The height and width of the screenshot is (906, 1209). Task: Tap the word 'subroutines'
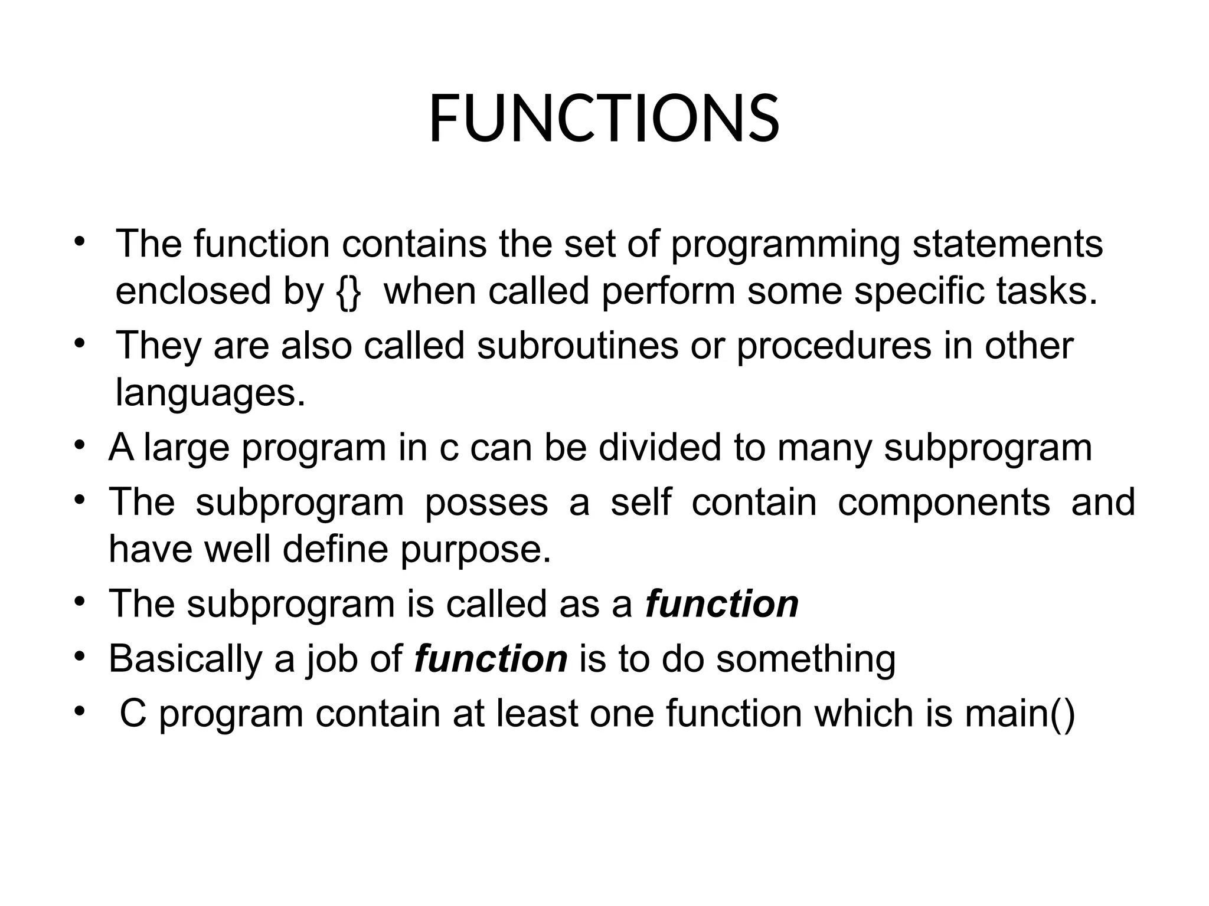click(x=577, y=346)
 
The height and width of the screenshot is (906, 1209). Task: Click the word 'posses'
click(x=486, y=503)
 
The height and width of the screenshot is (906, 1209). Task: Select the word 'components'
click(x=944, y=503)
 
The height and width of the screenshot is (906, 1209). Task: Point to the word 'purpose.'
click(x=475, y=551)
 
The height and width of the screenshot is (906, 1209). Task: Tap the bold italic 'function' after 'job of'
click(x=491, y=659)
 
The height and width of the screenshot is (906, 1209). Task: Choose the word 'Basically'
click(x=185, y=659)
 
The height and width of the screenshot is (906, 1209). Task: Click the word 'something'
click(x=806, y=659)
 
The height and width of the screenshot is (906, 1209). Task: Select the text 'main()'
click(x=1020, y=714)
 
